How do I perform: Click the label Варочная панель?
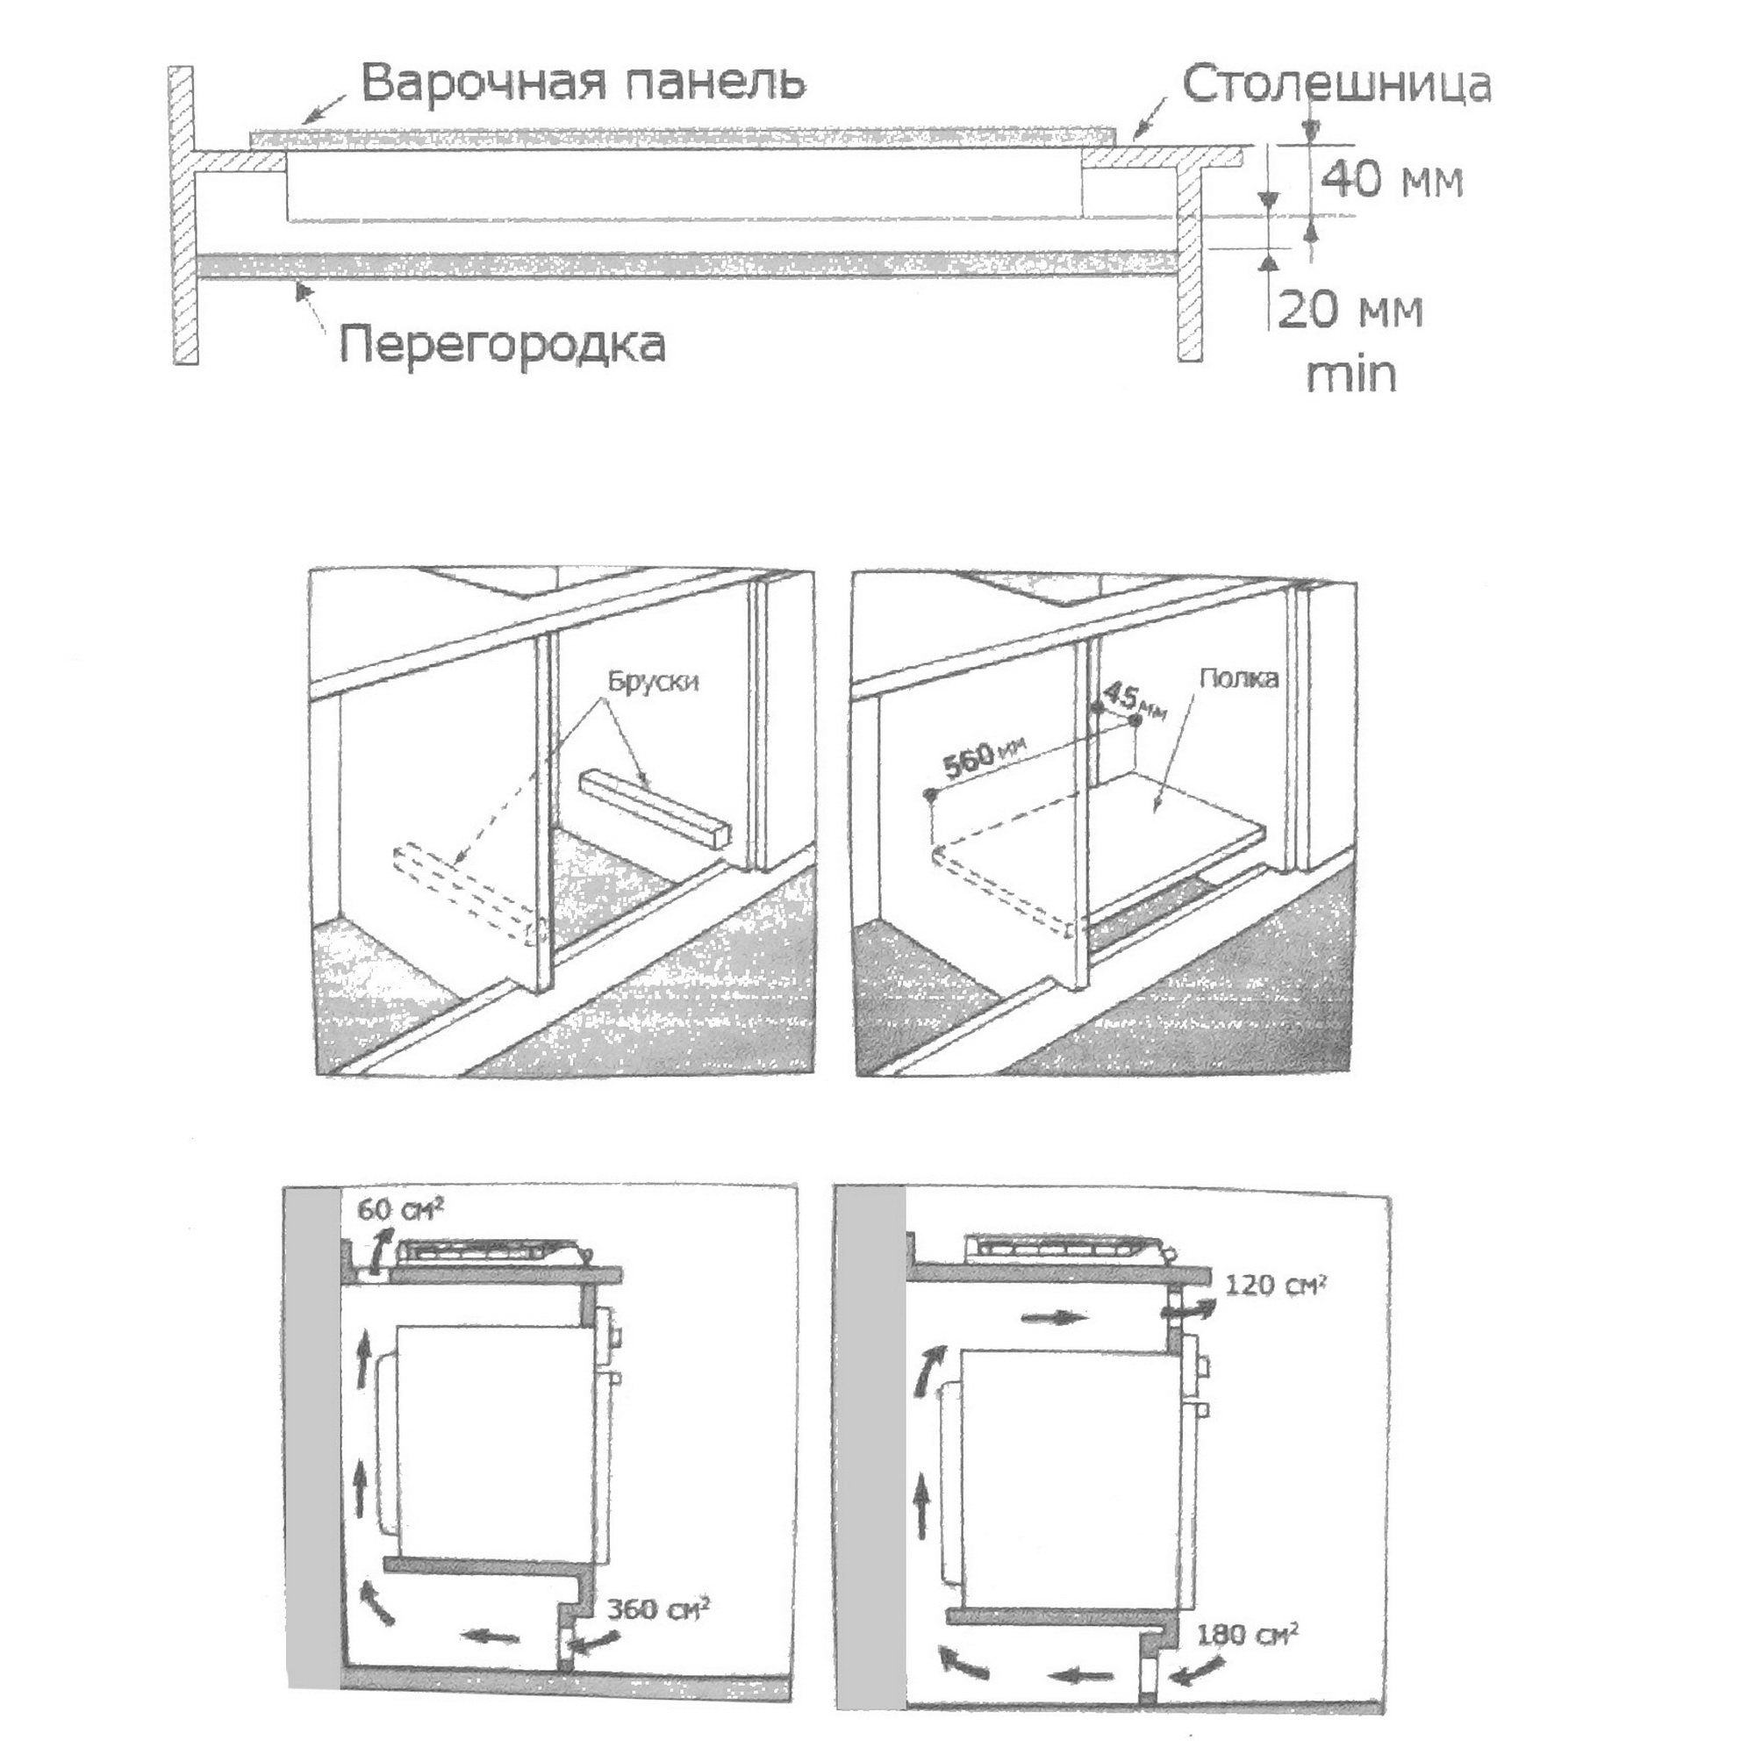[x=584, y=83]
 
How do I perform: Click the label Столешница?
[x=1336, y=85]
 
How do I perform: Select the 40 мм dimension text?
[x=1391, y=182]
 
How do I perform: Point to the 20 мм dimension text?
[x=1350, y=312]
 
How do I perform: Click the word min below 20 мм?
[x=1350, y=375]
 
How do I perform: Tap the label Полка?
[x=1238, y=678]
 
